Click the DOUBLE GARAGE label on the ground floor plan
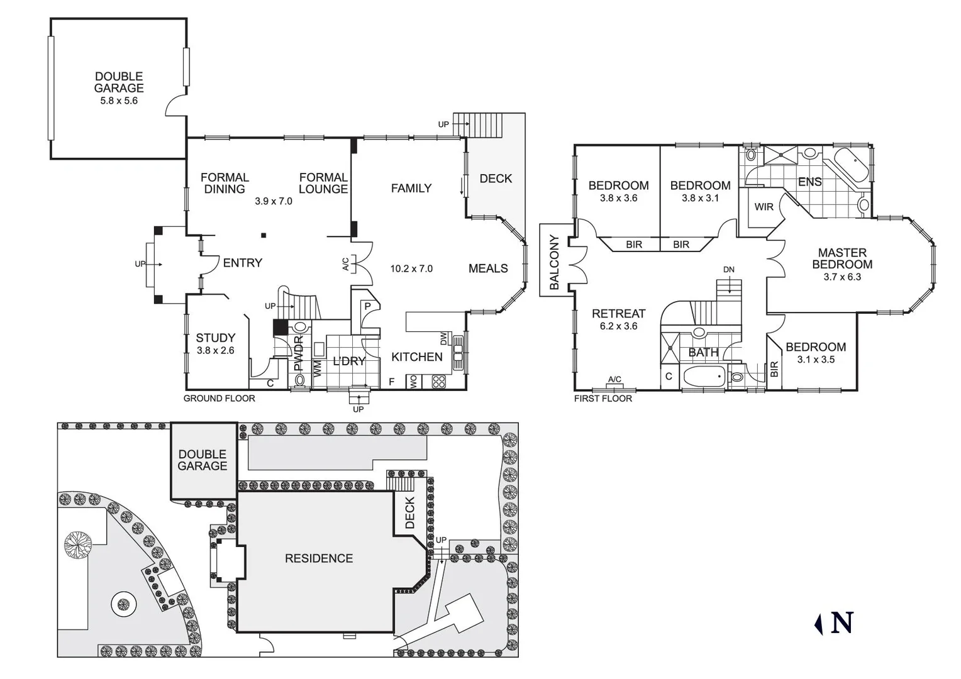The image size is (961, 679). click(119, 82)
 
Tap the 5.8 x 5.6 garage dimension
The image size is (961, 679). click(119, 101)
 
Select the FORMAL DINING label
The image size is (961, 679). click(225, 183)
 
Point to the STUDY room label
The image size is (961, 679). click(215, 338)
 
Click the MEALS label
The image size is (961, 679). click(488, 268)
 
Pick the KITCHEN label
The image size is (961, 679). click(416, 356)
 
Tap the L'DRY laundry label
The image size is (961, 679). click(349, 361)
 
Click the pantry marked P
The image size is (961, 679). click(367, 307)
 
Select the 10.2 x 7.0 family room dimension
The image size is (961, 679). click(411, 268)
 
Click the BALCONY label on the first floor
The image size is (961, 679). click(554, 262)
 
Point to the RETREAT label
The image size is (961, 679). click(618, 313)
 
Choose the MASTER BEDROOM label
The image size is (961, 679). click(842, 258)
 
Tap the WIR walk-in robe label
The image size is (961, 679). click(764, 207)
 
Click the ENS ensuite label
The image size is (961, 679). click(809, 182)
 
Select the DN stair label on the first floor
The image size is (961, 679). click(728, 270)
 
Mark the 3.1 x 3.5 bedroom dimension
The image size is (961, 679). click(816, 360)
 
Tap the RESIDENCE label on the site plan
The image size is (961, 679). click(319, 558)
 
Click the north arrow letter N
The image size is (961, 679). click(842, 622)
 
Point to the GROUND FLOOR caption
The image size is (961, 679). click(219, 398)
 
